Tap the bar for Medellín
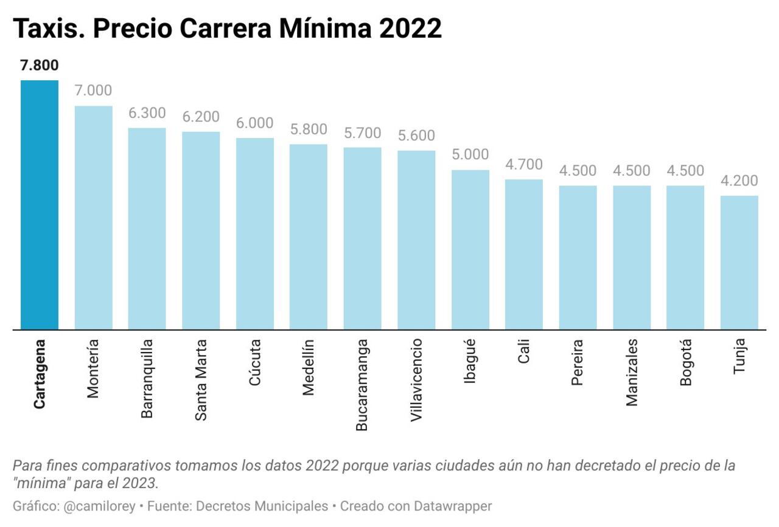tap(309, 237)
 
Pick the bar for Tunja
tap(739, 263)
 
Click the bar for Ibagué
tap(470, 250)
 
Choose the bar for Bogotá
tap(685, 258)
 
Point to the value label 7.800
tap(40, 66)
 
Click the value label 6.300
tap(147, 113)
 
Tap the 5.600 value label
tap(416, 136)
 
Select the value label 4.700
tap(524, 165)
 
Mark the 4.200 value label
tap(739, 181)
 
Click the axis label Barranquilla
tap(147, 379)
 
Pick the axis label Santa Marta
tap(201, 380)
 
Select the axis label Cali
tap(524, 351)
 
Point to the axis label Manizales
tap(632, 372)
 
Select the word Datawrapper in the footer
tap(453, 506)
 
